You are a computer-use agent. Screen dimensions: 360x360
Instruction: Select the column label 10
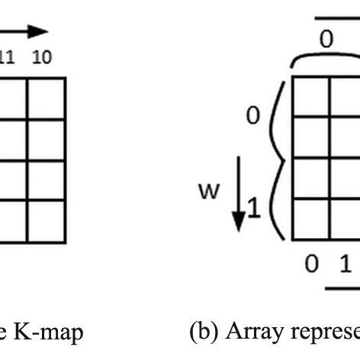[x=43, y=58]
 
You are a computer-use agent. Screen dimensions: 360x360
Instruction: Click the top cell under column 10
[x=47, y=96]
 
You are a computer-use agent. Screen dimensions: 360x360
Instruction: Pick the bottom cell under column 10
[x=47, y=220]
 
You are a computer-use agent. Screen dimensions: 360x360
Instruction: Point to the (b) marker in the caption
[x=200, y=332]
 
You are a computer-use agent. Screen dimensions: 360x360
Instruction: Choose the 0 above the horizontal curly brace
[x=326, y=40]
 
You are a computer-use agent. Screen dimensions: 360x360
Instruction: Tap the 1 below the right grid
[x=345, y=264]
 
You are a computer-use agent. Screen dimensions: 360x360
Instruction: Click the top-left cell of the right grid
[x=311, y=96]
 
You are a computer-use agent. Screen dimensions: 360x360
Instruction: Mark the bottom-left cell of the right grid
[x=311, y=220]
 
